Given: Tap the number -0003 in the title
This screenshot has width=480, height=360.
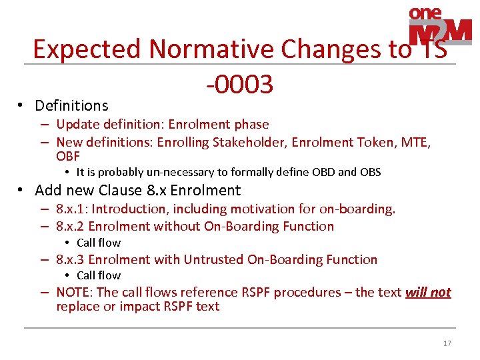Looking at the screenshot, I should (239, 85).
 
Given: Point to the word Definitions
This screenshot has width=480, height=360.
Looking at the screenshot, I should (71, 105).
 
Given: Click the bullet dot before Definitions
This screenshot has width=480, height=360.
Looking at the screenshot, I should (21, 105).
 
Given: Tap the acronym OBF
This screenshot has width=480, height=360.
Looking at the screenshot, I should (68, 157).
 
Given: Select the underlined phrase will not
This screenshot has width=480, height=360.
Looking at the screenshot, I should (427, 292).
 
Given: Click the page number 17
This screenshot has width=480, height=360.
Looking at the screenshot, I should (447, 343).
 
